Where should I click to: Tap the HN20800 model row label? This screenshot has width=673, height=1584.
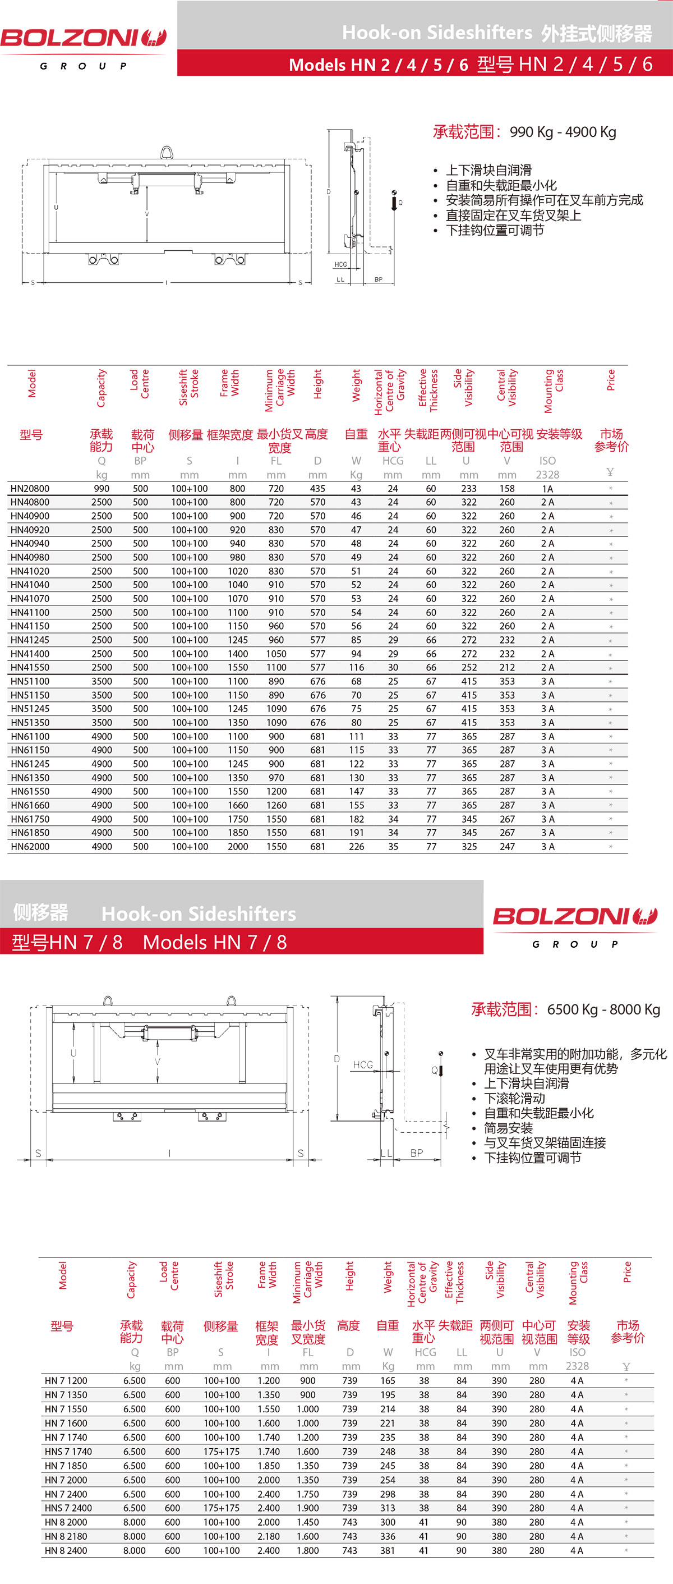click(x=30, y=489)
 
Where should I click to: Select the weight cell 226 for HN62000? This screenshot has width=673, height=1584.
click(x=357, y=847)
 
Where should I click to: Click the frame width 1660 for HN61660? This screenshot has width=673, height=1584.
click(x=238, y=806)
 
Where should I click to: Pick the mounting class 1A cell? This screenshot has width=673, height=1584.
click(x=547, y=489)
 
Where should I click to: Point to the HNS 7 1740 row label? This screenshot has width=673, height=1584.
click(x=68, y=1452)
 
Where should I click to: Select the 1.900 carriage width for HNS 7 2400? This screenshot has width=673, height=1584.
click(x=308, y=1508)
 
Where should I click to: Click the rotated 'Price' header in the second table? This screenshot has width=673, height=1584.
click(x=627, y=1271)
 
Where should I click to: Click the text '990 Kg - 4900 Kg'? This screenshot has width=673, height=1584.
click(x=563, y=132)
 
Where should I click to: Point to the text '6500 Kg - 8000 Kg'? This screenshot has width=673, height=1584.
click(x=603, y=1009)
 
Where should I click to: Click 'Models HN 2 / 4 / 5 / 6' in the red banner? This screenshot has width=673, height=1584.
click(x=378, y=65)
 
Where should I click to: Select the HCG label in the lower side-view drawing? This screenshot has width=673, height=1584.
click(x=363, y=1065)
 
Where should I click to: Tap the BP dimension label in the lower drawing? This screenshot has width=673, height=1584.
click(x=417, y=1153)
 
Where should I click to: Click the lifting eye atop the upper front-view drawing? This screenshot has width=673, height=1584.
click(x=167, y=151)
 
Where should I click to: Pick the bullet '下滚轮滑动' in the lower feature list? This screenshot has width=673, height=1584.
click(x=514, y=1098)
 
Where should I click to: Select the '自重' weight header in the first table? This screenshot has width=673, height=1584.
click(x=356, y=435)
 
